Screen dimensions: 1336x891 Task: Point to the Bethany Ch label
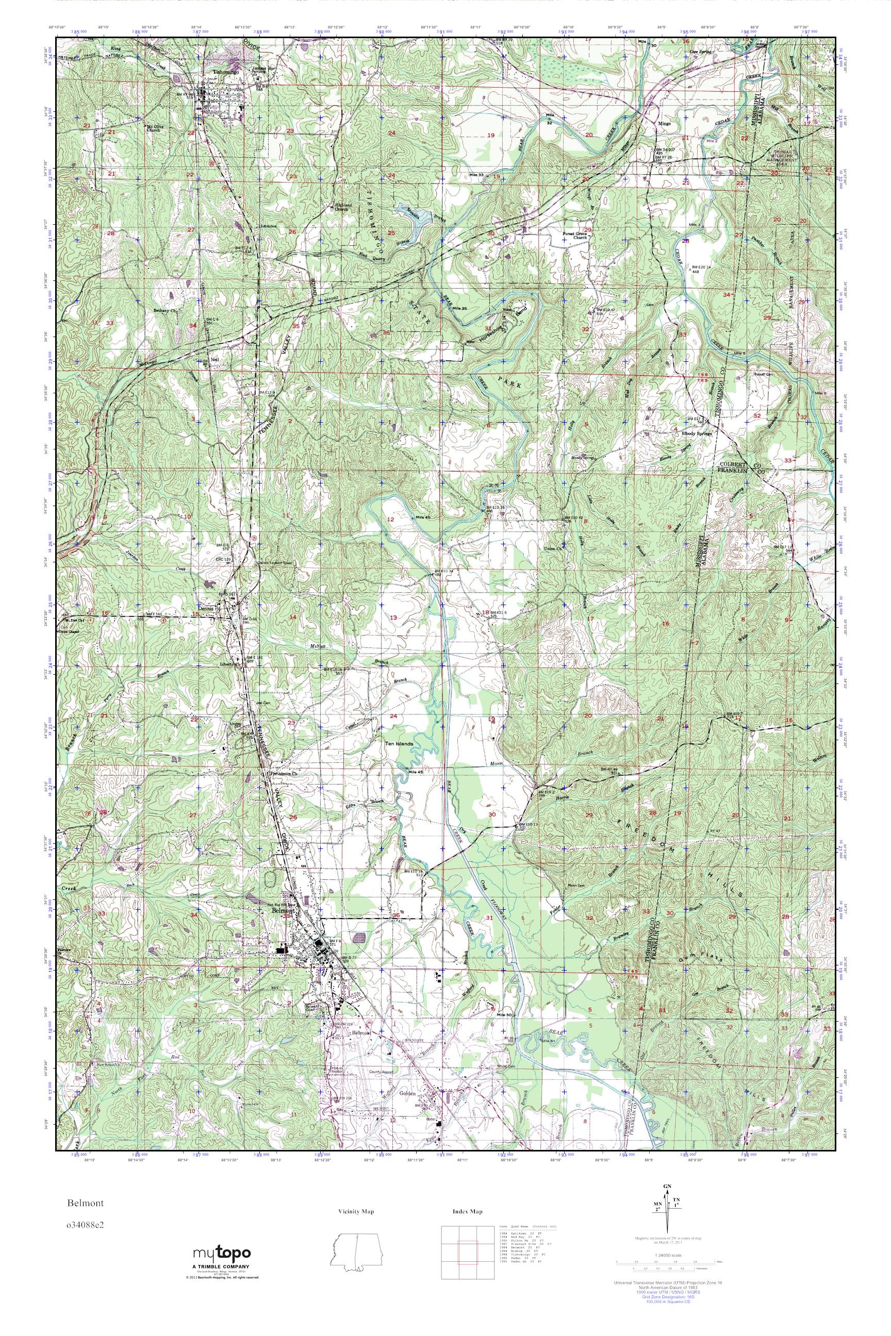(x=166, y=311)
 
